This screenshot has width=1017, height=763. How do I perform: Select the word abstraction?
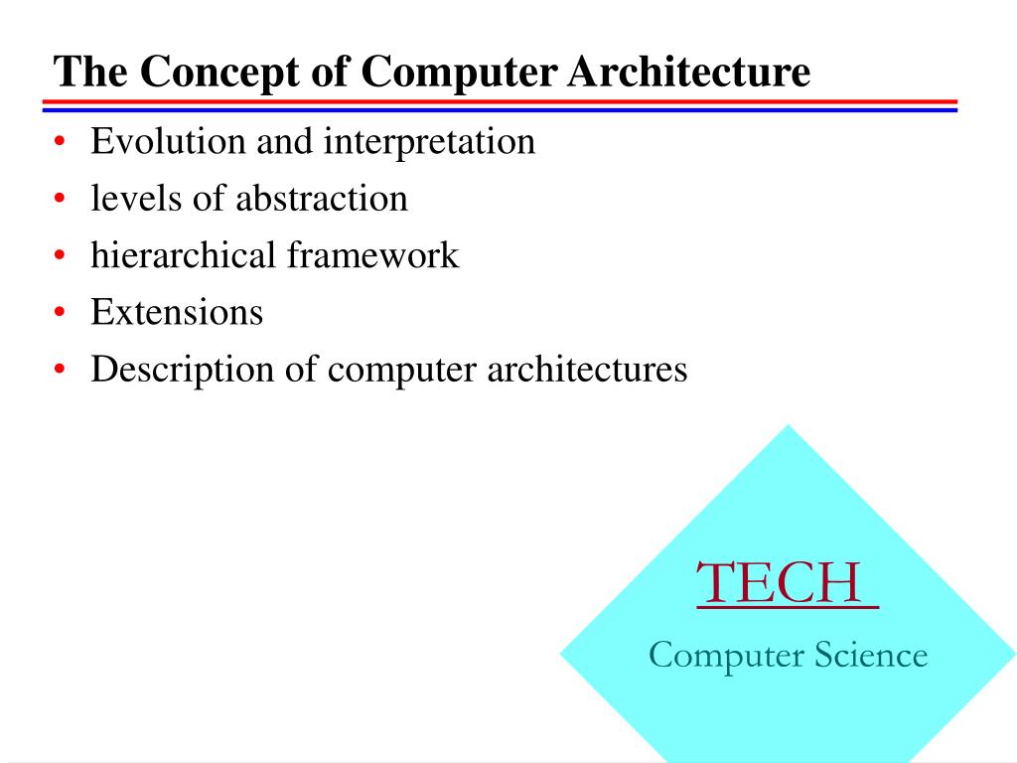322,199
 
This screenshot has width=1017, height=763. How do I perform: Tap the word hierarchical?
183,255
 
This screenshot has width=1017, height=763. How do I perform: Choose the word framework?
373,255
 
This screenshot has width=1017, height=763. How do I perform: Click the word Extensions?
177,312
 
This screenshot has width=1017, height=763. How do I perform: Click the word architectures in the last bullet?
586,370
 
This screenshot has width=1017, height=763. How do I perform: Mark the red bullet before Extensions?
61,314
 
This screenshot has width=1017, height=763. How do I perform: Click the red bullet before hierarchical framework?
61,257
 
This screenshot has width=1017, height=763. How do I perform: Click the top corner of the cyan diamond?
789,428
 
